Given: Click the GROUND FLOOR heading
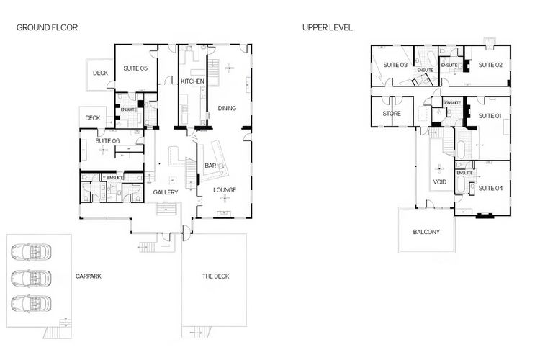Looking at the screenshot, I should point(47,27).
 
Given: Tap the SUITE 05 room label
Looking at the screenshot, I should point(135,68).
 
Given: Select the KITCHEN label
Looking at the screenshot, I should point(192,81).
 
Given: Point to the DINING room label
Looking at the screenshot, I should point(227,108).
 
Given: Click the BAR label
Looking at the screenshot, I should point(210,166).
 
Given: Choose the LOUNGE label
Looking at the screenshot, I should point(225,189).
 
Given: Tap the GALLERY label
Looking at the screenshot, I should point(165,192).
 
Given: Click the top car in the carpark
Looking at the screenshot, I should point(31,252).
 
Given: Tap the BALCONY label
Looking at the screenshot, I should point(426,232).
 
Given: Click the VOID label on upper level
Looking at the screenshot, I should point(440,182).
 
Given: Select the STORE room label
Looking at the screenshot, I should point(392,113).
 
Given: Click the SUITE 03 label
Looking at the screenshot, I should point(395,65).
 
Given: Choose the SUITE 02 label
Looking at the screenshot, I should point(490,65).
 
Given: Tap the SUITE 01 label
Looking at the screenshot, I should point(490,115).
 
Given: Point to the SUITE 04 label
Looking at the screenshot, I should point(490,188).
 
